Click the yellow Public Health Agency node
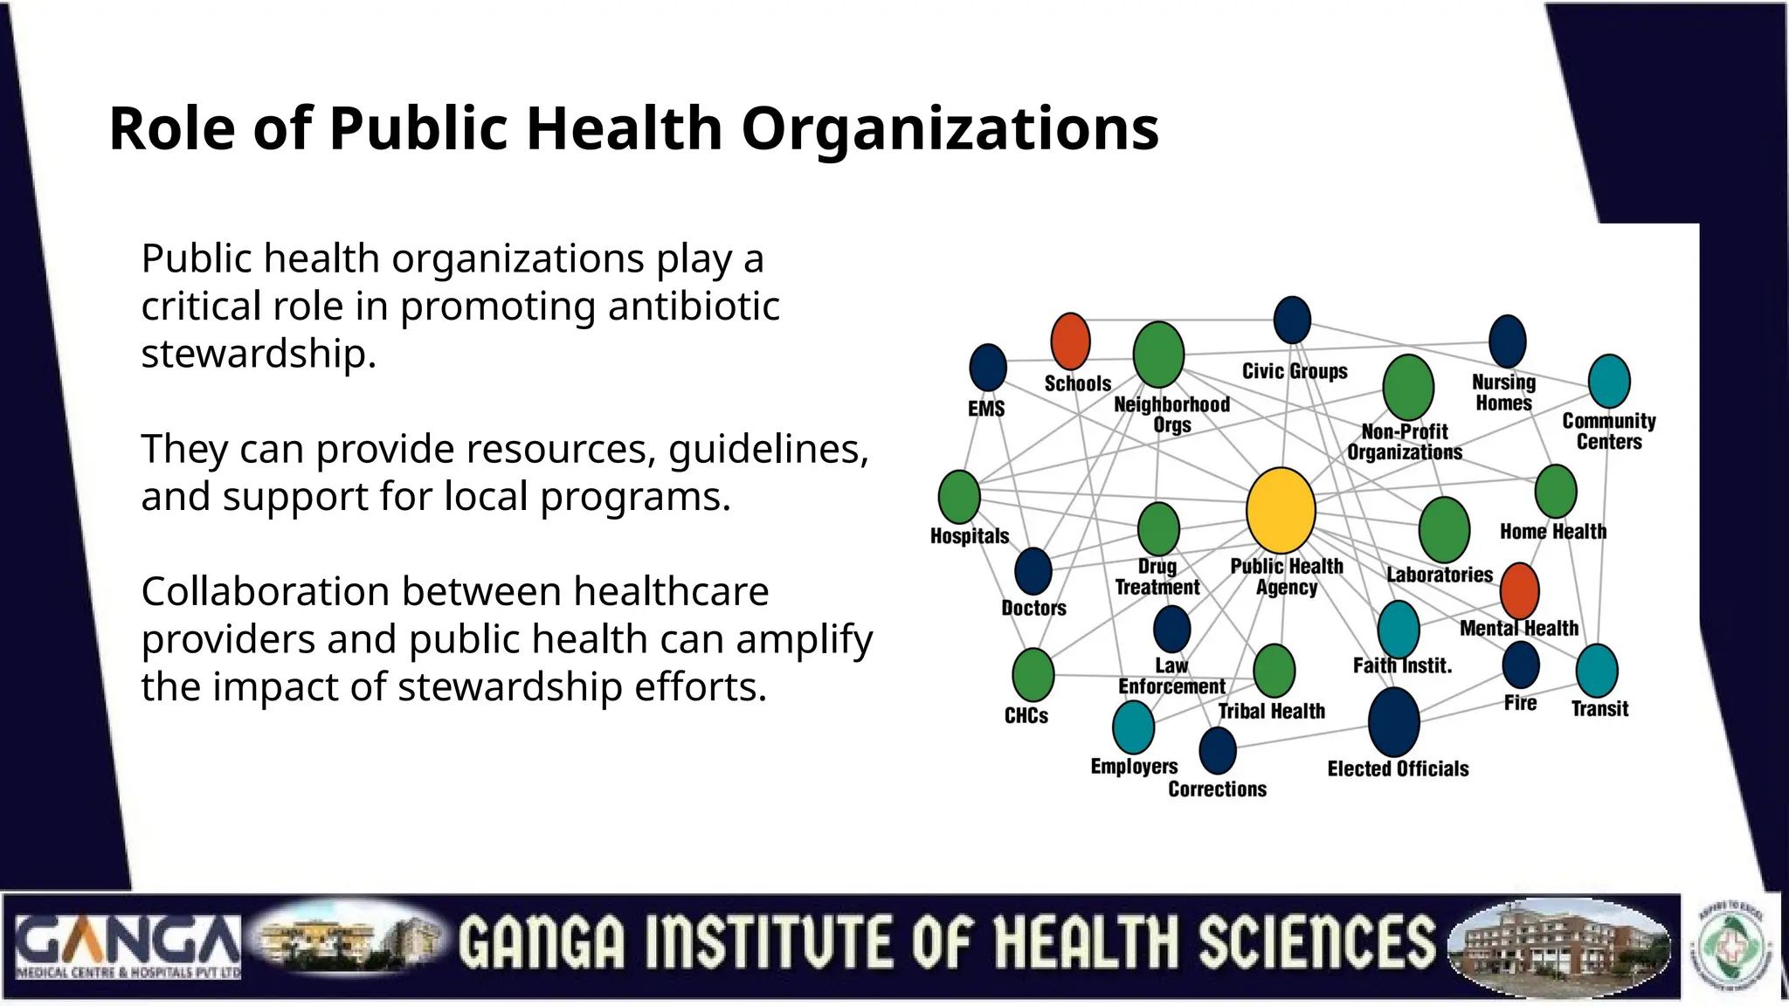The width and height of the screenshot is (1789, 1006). (x=1281, y=510)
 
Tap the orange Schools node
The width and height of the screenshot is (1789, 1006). (x=1070, y=341)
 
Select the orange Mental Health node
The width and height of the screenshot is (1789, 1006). (x=1519, y=590)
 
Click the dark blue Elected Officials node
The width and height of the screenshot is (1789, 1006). (x=1393, y=721)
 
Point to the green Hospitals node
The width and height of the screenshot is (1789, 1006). (x=959, y=496)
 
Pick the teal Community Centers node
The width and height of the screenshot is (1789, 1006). (x=1609, y=381)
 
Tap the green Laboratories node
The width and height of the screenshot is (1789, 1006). (x=1444, y=529)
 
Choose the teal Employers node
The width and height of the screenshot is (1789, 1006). (x=1133, y=727)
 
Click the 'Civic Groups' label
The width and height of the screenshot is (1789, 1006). (x=1295, y=371)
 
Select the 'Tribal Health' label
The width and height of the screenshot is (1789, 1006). (x=1271, y=711)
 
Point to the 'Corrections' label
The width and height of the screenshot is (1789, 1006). (x=1217, y=789)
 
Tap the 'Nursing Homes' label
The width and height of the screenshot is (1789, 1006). (x=1503, y=392)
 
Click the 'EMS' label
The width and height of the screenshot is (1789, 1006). (x=986, y=409)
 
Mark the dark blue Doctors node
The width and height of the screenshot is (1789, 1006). (x=1033, y=571)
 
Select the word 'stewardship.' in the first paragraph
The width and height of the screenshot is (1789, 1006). (x=259, y=354)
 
